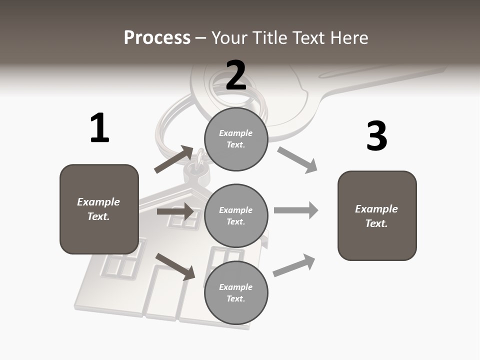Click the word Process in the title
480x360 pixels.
[157, 38]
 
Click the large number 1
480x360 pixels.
[99, 128]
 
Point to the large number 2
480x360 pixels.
[236, 75]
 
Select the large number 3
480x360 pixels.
[376, 136]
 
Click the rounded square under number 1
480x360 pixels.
[99, 209]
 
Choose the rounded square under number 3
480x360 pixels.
[377, 215]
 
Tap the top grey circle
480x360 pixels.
[236, 139]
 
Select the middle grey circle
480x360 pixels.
[236, 215]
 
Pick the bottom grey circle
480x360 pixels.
[236, 292]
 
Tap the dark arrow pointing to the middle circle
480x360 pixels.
[175, 211]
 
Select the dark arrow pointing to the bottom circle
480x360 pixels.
[175, 266]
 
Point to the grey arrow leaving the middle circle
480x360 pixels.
[296, 210]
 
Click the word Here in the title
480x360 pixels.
[350, 38]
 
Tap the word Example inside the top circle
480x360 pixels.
[236, 133]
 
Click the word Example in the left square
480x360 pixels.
[98, 202]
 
